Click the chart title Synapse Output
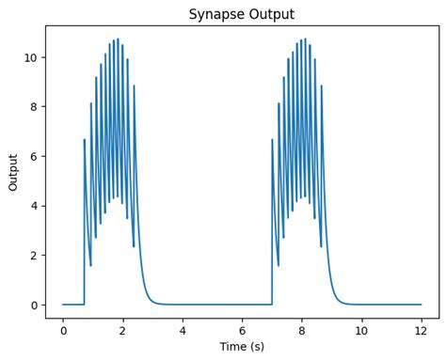pyautogui.click(x=242, y=14)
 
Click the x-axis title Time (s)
pyautogui.click(x=242, y=347)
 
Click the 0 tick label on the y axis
pyautogui.click(x=34, y=305)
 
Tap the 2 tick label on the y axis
pyautogui.click(x=34, y=256)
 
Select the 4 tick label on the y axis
pyautogui.click(x=34, y=206)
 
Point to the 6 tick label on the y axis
pyautogui.click(x=34, y=156)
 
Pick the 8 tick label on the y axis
pyautogui.click(x=34, y=107)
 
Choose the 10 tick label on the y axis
pyautogui.click(x=31, y=57)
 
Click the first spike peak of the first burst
pyautogui.click(x=85, y=140)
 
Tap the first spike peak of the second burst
pyautogui.click(x=273, y=140)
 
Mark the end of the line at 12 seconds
pyautogui.click(x=422, y=305)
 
